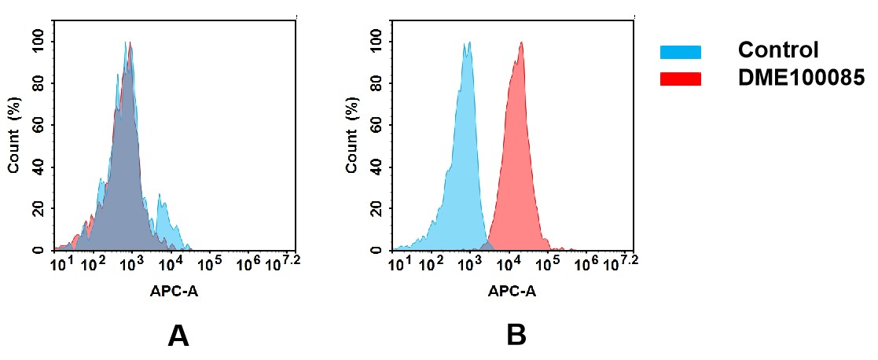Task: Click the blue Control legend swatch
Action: (x=680, y=52)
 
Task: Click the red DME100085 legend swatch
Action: (x=680, y=79)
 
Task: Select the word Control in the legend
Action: (x=778, y=50)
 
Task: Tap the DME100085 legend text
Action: (x=801, y=77)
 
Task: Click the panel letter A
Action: (x=178, y=336)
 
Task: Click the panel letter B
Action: (x=516, y=336)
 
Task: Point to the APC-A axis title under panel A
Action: (x=174, y=291)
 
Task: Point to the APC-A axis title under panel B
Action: (x=512, y=291)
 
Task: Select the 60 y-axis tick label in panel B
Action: (x=376, y=125)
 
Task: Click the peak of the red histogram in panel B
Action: (x=520, y=45)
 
